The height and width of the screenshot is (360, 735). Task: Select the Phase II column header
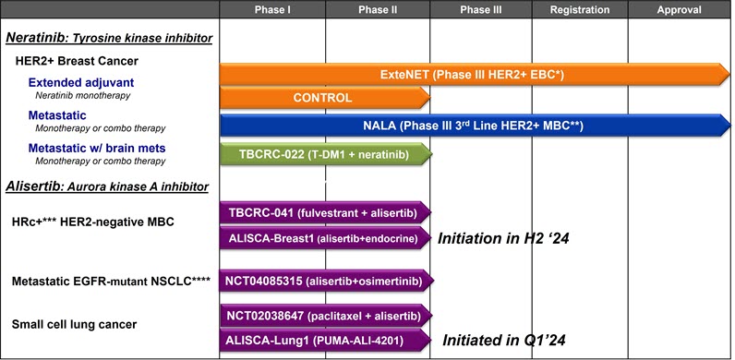coord(378,10)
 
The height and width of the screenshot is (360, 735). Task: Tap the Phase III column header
coord(481,10)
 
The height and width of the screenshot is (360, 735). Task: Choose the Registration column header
coord(580,10)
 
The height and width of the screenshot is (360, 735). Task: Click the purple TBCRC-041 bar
coord(323,212)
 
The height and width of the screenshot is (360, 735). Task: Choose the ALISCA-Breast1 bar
coord(323,238)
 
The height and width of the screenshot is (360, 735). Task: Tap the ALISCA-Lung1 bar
coord(323,341)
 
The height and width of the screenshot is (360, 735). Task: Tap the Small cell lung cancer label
coord(73,324)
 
